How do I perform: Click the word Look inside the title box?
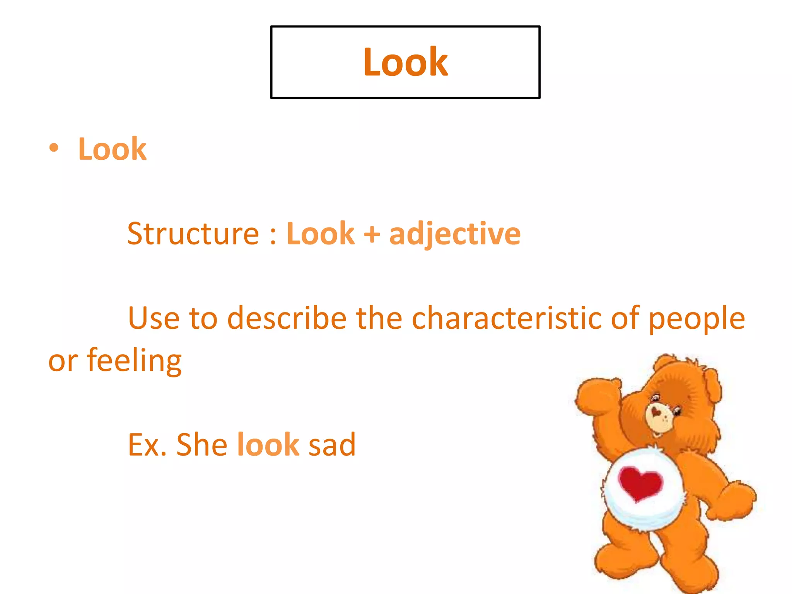[x=405, y=62]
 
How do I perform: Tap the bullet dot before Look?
[x=54, y=148]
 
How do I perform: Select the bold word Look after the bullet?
[x=112, y=149]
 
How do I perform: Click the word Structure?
[x=193, y=234]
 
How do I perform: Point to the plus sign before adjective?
[x=372, y=234]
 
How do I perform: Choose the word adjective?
[x=455, y=234]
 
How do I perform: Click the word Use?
[x=154, y=318]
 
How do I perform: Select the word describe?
[x=287, y=318]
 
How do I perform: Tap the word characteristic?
[x=506, y=318]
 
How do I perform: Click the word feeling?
[x=134, y=361]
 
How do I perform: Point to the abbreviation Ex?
[x=147, y=445]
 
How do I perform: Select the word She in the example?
[x=201, y=445]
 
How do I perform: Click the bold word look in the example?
[x=268, y=445]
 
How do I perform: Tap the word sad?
[x=332, y=445]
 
